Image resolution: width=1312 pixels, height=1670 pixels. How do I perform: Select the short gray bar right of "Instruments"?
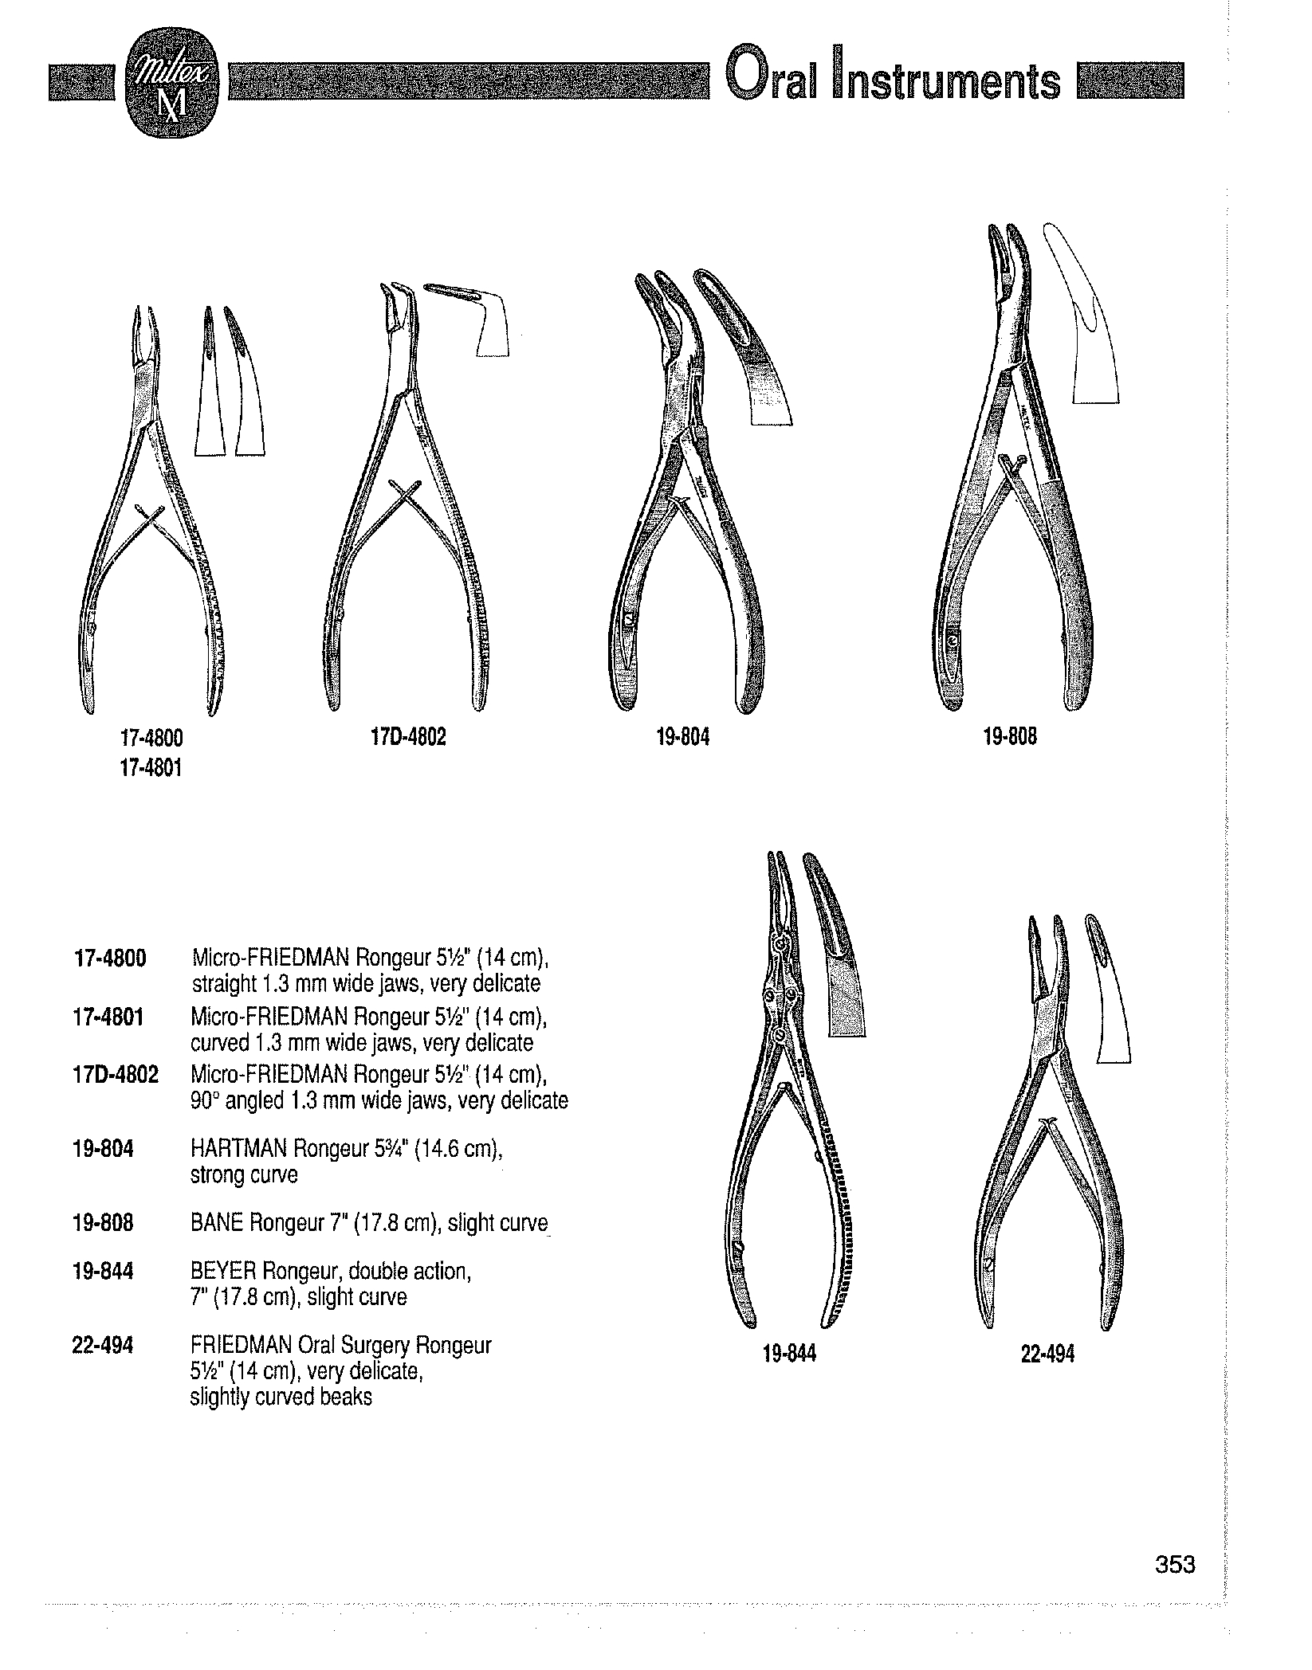point(1129,82)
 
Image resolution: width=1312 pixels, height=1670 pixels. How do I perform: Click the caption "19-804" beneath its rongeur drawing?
point(682,738)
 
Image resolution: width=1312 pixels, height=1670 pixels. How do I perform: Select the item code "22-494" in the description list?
point(102,1346)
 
